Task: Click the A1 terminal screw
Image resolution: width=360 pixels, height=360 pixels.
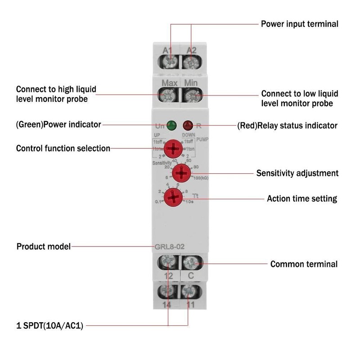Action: (169, 62)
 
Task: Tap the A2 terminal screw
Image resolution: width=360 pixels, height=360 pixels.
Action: (191, 62)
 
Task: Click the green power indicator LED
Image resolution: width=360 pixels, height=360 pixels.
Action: (171, 125)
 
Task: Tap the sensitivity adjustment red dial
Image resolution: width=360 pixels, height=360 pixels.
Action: (182, 172)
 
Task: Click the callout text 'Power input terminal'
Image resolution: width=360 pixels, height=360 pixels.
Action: (300, 24)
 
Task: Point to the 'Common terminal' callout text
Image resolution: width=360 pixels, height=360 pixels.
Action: (304, 264)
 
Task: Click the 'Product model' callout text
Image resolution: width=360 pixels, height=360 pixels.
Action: (44, 247)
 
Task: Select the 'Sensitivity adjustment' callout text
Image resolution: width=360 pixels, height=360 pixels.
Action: (297, 173)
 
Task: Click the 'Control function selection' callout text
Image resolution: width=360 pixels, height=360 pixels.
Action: (63, 148)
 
